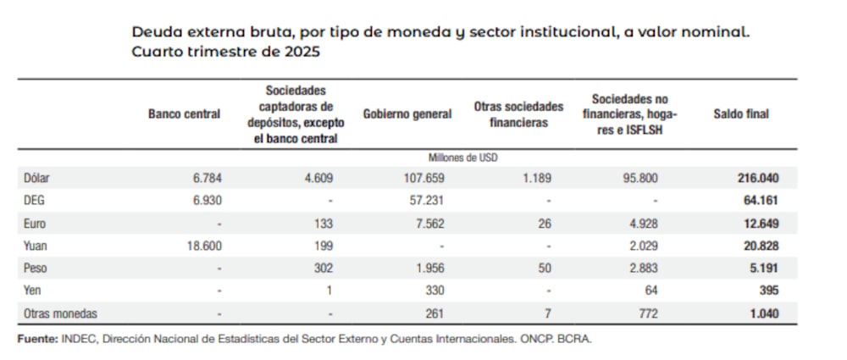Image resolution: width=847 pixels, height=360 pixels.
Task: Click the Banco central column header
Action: (184, 114)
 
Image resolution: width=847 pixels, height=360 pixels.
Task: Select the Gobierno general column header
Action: (407, 114)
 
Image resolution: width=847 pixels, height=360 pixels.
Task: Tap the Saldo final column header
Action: (741, 114)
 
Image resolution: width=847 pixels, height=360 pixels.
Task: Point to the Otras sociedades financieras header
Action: (519, 114)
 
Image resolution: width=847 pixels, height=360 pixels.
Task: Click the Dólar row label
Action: (40, 179)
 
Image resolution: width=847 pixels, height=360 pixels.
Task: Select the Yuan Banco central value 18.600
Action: (202, 246)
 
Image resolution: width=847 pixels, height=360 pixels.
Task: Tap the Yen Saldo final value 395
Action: (767, 291)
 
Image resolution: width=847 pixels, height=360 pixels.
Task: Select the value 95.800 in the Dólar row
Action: (639, 179)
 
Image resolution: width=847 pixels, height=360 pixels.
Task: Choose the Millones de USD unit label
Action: (463, 158)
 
